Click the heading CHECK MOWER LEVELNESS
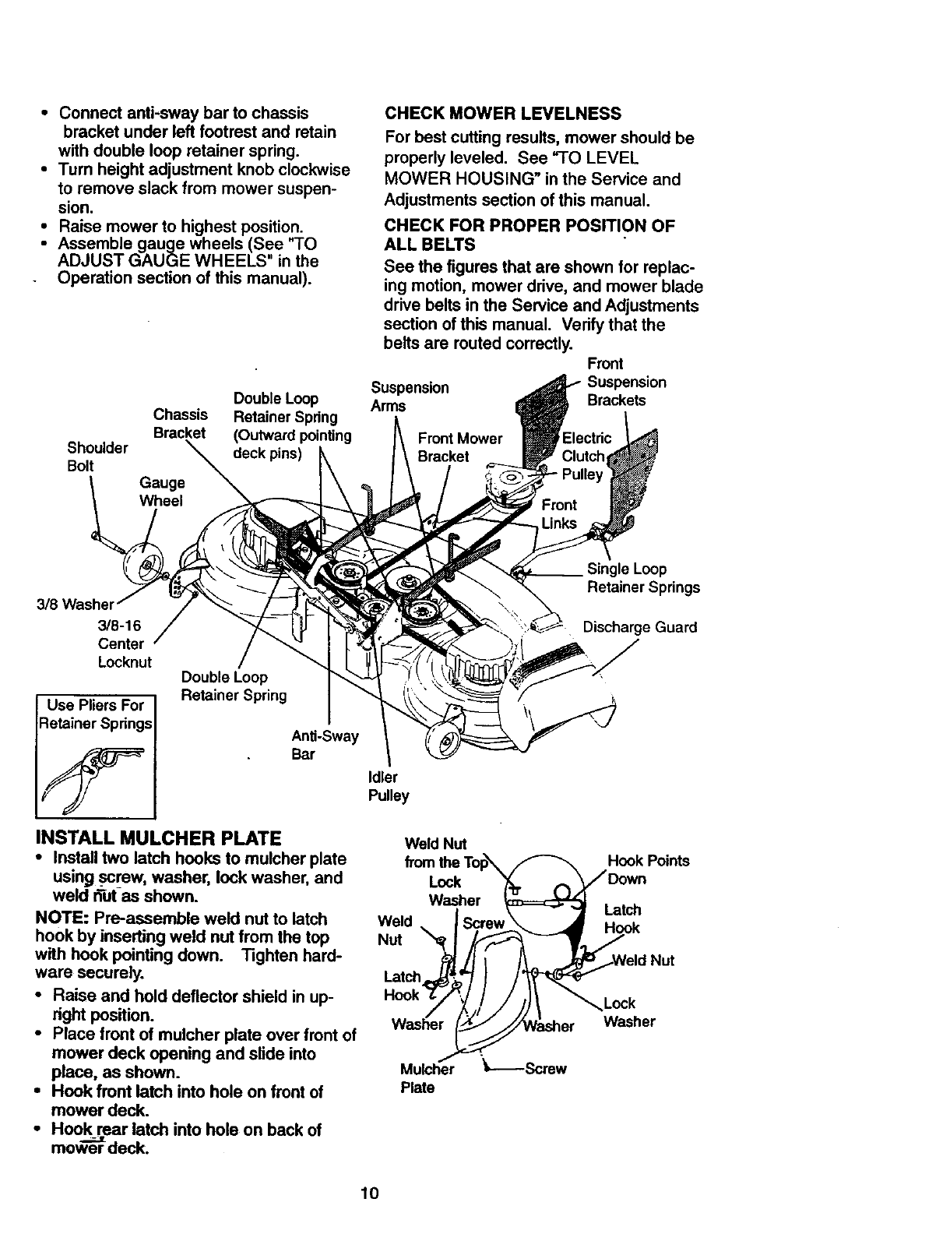tap(503, 114)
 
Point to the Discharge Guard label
tap(640, 627)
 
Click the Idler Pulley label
tap(387, 786)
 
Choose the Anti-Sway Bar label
tap(324, 745)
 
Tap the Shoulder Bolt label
tap(97, 457)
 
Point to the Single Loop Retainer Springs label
tap(642, 578)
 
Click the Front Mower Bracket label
tap(459, 447)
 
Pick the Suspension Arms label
tap(410, 397)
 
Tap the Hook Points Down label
tap(648, 869)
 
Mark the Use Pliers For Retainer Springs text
tap(96, 714)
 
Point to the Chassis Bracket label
tap(180, 423)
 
